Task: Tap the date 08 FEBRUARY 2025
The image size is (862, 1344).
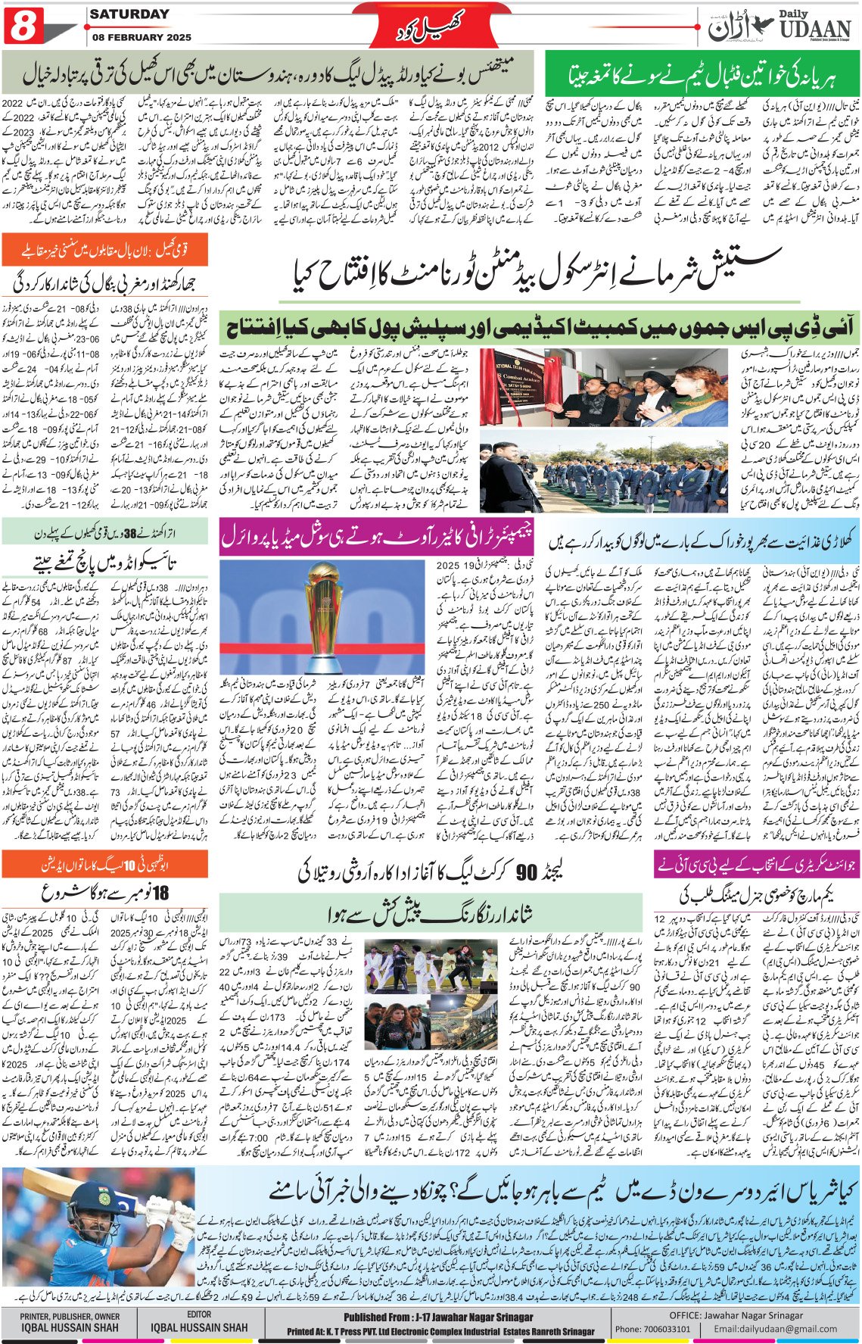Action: click(142, 36)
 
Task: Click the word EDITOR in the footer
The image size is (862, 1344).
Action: click(200, 1314)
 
